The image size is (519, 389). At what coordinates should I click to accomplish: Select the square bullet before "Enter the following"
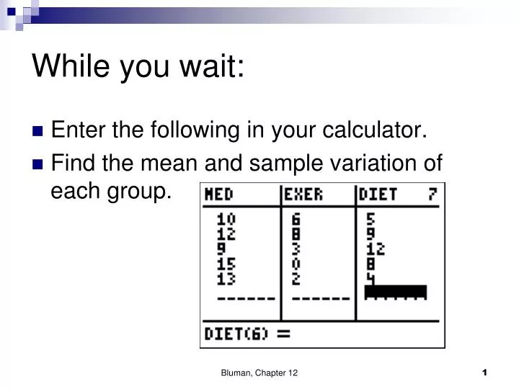[39, 131]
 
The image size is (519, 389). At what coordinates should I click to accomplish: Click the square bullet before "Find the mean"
[39, 164]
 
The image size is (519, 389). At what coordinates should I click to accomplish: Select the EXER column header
[303, 194]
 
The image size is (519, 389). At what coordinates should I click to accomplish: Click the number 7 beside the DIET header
[432, 194]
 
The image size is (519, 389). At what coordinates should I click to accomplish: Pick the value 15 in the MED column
[226, 264]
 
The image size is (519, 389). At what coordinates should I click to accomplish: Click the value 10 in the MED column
[226, 219]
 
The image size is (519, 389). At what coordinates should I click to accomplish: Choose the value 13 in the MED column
[226, 278]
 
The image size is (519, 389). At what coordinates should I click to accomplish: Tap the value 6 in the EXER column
[296, 219]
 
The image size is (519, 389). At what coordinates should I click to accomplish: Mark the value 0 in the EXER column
[296, 264]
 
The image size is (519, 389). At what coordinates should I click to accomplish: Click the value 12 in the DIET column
[376, 249]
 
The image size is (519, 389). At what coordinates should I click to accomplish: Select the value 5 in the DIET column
[371, 219]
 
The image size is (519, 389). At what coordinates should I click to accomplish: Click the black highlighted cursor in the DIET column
[396, 292]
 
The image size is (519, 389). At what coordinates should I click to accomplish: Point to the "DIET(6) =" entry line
[247, 334]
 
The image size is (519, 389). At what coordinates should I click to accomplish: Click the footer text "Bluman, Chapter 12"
[259, 372]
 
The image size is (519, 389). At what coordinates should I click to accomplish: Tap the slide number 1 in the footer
[485, 372]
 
